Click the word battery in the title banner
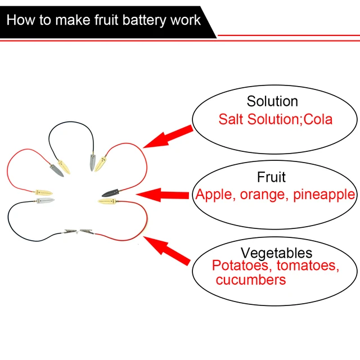[x=142, y=20]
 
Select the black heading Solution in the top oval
[x=272, y=101]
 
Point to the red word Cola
[x=317, y=119]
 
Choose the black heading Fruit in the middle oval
[x=271, y=177]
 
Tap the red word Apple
[x=213, y=195]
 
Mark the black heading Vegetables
[x=276, y=253]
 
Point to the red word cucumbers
[x=250, y=279]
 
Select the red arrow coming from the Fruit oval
[x=163, y=196]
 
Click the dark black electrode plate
[x=109, y=192]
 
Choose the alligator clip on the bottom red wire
[x=88, y=231]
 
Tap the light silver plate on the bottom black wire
[x=44, y=200]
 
